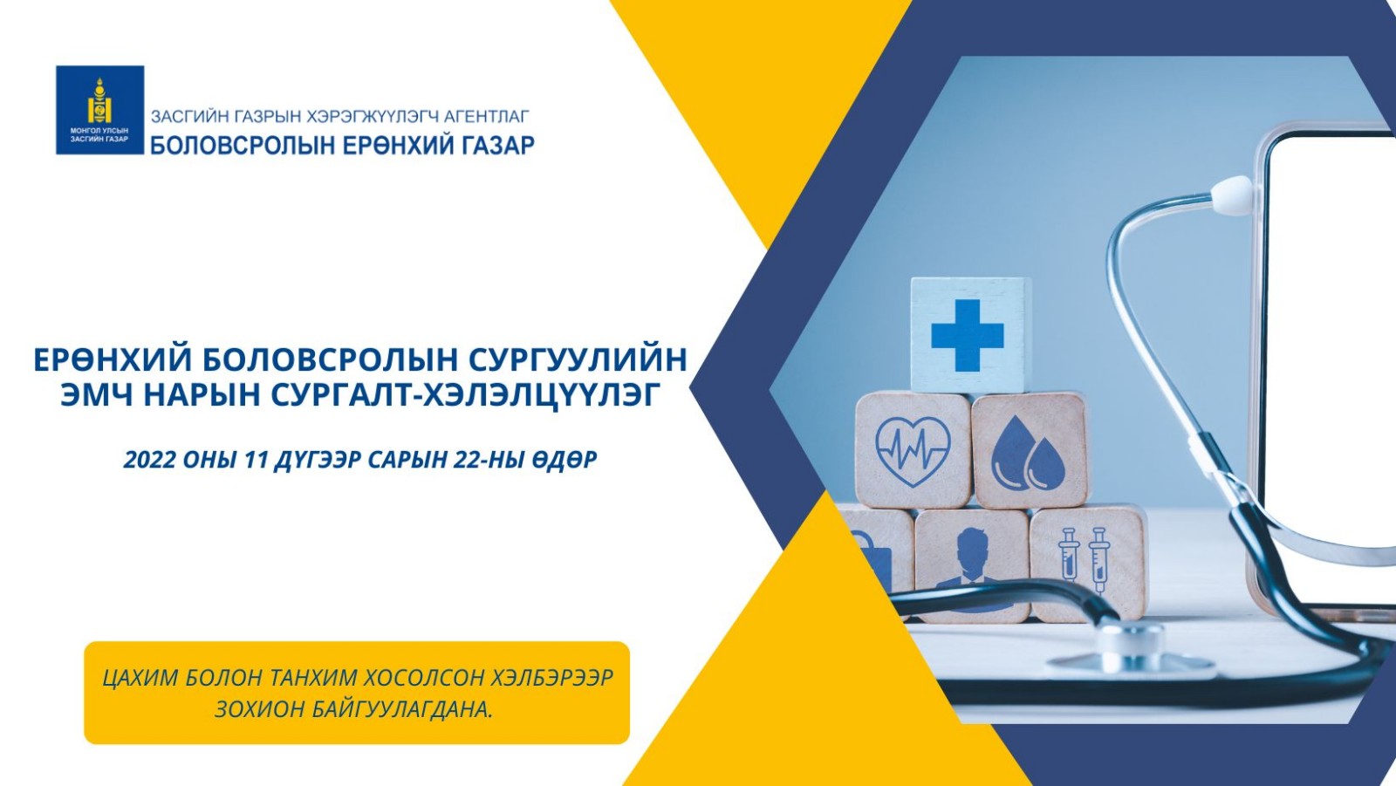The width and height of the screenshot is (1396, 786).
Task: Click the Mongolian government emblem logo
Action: (99, 110)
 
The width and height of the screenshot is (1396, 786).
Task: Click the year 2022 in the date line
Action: (149, 460)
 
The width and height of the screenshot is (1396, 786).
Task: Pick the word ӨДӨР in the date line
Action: (564, 460)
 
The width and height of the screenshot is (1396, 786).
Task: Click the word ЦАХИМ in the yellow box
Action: (138, 678)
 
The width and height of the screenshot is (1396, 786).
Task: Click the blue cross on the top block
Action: (968, 335)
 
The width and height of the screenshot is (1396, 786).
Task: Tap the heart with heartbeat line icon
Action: (913, 451)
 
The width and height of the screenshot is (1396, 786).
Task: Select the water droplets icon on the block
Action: (1029, 451)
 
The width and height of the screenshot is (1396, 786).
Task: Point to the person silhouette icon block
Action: (972, 564)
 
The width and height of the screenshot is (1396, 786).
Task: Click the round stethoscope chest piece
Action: (1130, 654)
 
